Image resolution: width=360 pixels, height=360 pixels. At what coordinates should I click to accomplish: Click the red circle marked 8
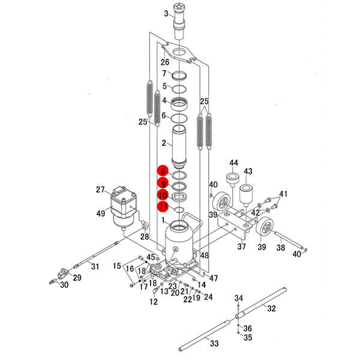(x=163, y=171)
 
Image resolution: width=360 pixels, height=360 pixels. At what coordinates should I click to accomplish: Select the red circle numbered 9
(x=163, y=183)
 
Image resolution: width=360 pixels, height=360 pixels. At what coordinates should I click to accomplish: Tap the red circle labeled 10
(x=163, y=195)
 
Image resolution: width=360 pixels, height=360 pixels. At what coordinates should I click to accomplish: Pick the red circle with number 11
(x=163, y=207)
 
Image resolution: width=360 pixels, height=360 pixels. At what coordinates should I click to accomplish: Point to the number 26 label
(x=165, y=62)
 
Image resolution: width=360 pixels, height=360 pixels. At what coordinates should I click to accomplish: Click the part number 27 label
(x=100, y=190)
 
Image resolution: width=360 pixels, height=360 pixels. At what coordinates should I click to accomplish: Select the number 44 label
(x=233, y=163)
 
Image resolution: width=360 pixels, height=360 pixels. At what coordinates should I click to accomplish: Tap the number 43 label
(x=248, y=171)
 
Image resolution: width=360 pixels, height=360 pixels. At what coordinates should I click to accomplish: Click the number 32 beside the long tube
(x=271, y=309)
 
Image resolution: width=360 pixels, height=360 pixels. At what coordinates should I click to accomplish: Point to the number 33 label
(x=214, y=343)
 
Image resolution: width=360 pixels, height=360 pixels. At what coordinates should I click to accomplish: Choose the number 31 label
(x=94, y=266)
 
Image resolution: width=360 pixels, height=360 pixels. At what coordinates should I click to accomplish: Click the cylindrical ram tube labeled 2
(x=179, y=147)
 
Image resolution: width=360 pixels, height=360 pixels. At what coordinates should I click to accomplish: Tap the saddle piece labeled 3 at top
(x=179, y=21)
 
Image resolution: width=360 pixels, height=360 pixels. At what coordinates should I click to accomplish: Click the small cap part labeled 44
(x=232, y=179)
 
